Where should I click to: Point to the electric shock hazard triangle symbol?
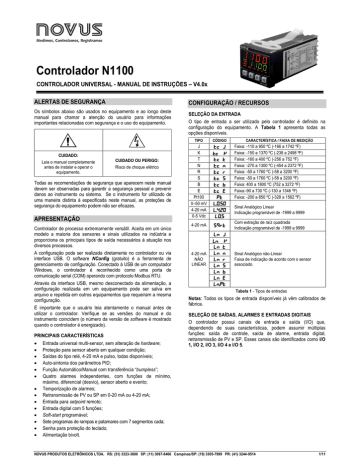pos(123,146)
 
